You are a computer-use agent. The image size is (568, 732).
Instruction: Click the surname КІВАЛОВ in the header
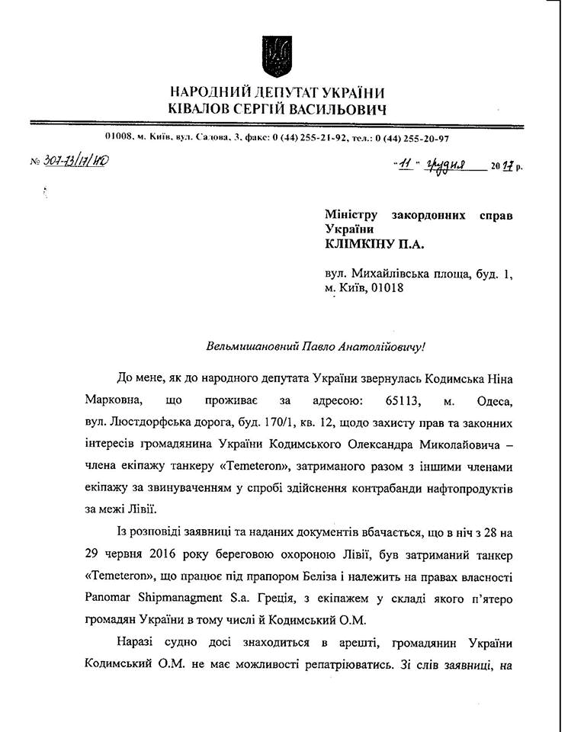(205, 110)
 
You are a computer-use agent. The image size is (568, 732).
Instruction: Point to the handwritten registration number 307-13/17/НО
(75, 161)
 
